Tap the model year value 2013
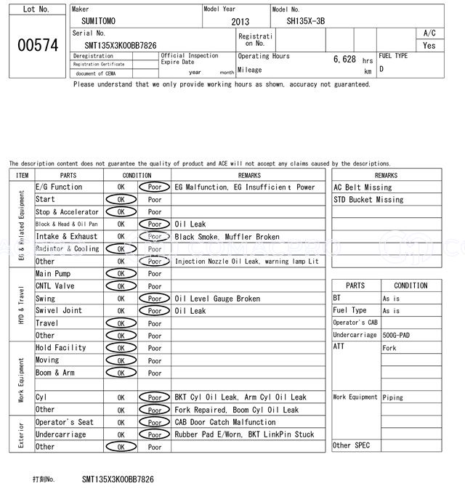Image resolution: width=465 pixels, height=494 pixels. click(240, 22)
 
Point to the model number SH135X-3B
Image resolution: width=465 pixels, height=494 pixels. click(306, 21)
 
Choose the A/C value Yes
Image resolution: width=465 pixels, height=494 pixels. click(429, 45)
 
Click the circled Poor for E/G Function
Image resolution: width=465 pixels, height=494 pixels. click(155, 187)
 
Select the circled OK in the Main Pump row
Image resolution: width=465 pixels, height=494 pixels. click(121, 274)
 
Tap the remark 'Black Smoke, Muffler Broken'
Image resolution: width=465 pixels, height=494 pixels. click(227, 237)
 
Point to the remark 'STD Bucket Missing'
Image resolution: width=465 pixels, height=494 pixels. click(368, 200)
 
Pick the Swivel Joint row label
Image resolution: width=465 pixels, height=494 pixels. click(59, 311)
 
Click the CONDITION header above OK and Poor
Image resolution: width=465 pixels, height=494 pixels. click(137, 175)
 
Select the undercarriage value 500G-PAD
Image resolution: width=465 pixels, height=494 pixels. click(400, 335)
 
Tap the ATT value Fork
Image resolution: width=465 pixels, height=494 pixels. click(389, 348)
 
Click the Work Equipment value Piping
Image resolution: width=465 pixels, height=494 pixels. click(393, 397)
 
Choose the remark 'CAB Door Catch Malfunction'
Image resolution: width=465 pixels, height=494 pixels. click(225, 422)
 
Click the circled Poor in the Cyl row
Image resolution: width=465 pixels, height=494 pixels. click(155, 397)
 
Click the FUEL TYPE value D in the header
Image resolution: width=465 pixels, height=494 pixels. click(381, 69)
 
